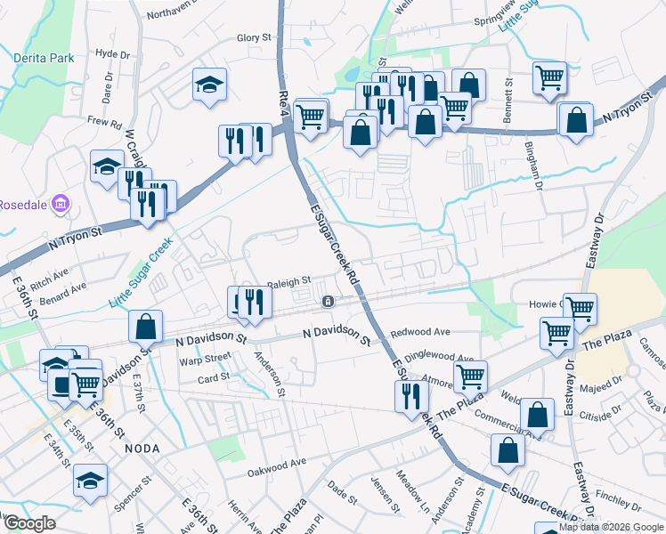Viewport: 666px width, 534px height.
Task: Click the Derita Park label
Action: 43,58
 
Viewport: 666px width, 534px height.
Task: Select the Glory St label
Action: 253,38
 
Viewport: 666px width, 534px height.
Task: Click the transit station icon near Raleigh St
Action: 329,302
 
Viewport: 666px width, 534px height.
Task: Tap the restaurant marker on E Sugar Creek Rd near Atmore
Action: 410,395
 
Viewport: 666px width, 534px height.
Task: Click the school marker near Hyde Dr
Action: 210,85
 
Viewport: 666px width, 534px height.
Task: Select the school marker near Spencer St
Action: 89,481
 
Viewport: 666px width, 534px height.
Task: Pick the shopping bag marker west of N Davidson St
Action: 145,326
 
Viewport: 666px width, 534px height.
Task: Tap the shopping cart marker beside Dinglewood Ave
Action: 469,375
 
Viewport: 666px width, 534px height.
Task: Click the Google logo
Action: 29,523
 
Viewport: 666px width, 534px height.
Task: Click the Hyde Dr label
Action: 112,53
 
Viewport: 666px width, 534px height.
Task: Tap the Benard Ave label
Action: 67,287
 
